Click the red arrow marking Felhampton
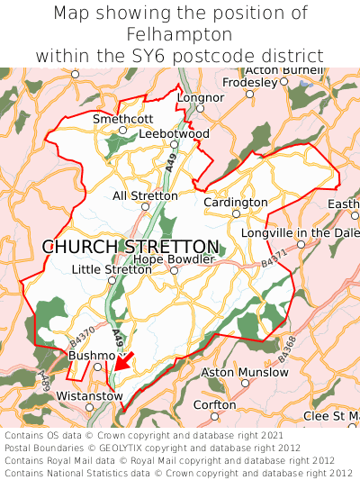[x=123, y=361]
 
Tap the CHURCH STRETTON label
[x=130, y=247]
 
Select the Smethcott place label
[x=123, y=119]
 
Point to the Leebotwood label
[x=175, y=134]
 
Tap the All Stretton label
[x=145, y=195]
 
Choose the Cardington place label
[x=236, y=203]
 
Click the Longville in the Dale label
[x=300, y=233]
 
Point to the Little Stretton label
[x=112, y=269]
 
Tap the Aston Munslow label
[x=244, y=372]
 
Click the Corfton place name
[x=215, y=405]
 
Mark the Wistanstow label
[x=88, y=395]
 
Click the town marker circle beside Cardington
[x=236, y=214]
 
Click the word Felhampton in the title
[x=180, y=34]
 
